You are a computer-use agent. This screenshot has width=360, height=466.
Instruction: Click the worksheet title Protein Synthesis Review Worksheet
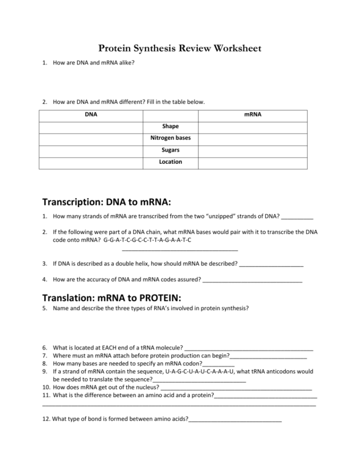pos(180,49)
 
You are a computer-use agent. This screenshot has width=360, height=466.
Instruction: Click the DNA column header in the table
pos(91,115)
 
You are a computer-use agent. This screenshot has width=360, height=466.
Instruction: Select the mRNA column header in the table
pos(253,115)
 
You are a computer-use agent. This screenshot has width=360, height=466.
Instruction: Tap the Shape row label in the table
pos(171,126)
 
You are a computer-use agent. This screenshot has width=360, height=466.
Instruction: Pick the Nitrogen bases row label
pos(171,138)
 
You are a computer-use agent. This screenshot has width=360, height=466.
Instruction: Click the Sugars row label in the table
pos(171,150)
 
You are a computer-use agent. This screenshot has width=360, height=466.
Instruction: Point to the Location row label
pos(171,162)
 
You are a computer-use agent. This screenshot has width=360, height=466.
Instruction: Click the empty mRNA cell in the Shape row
pos(253,126)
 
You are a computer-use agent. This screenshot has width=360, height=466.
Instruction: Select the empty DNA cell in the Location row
pos(91,162)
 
